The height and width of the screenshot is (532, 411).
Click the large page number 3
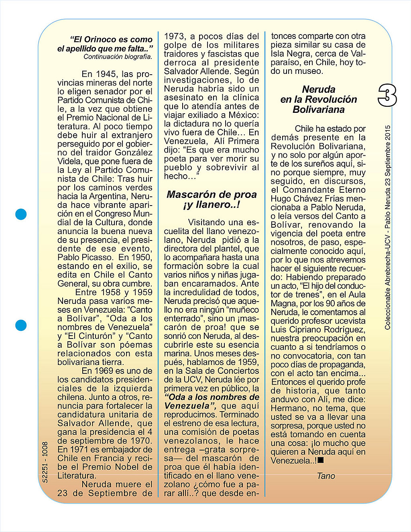click(x=387, y=95)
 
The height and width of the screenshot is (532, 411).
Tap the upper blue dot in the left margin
click(x=21, y=214)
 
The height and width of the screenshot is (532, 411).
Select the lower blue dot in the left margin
click(x=21, y=325)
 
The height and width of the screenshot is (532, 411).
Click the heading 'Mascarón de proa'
click(x=212, y=194)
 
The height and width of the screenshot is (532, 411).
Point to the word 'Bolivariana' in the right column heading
click(x=319, y=109)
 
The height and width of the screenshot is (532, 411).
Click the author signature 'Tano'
click(x=326, y=476)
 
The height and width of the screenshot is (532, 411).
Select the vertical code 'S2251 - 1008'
click(x=45, y=462)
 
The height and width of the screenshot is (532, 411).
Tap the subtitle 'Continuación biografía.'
click(x=118, y=57)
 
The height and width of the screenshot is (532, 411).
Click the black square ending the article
click(x=321, y=461)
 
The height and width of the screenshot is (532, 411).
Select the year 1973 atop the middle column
click(x=174, y=36)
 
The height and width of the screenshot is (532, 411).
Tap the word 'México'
click(x=243, y=115)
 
